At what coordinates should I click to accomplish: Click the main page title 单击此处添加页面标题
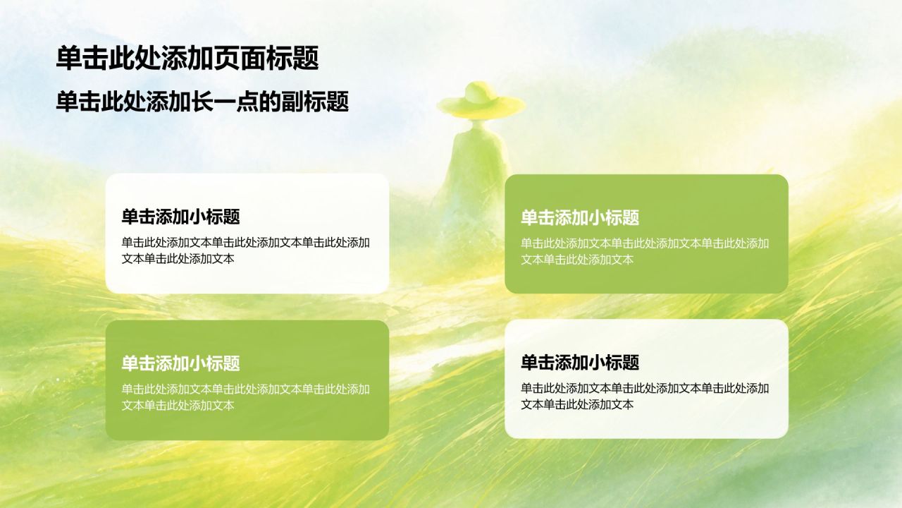187,58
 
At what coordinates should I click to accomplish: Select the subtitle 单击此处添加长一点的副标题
202,102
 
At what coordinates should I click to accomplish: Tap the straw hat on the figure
481,101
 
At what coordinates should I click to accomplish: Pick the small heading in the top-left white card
181,217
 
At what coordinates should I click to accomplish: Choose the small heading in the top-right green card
580,217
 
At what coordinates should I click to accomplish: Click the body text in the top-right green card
645,251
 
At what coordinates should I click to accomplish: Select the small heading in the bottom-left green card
181,363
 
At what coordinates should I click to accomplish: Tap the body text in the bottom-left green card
246,397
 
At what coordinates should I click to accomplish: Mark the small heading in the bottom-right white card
580,363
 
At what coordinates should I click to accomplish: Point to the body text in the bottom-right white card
645,397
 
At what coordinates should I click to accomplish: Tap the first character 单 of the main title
69,58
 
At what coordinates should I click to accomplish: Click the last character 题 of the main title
307,58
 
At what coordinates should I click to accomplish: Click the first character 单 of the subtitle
67,102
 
